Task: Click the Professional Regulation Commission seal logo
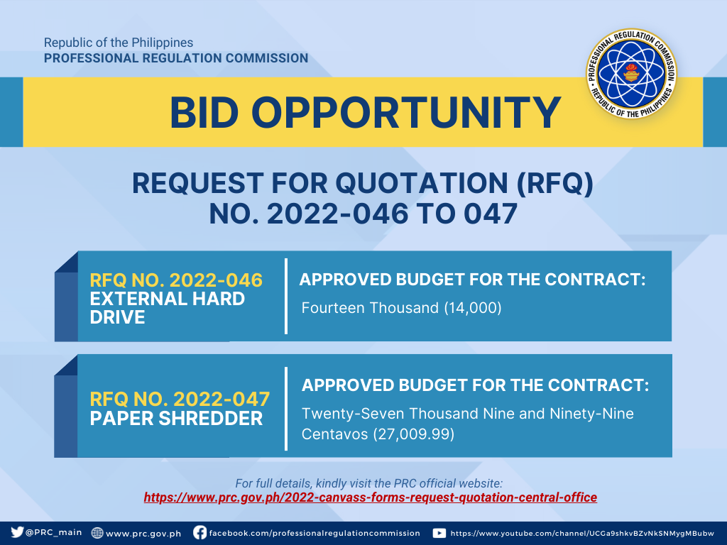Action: [631, 73]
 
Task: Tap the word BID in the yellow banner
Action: [204, 113]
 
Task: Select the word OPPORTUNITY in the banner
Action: [406, 113]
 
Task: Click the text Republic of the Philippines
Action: [119, 43]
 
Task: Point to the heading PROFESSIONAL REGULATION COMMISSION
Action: [176, 58]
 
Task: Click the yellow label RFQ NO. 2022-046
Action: [176, 280]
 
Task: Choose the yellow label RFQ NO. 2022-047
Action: [180, 399]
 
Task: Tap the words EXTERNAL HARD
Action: [168, 299]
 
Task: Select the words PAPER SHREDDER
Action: [176, 419]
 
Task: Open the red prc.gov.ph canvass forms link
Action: [371, 497]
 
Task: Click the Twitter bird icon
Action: [17, 532]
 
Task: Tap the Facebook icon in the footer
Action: [199, 532]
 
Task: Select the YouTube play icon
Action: [439, 533]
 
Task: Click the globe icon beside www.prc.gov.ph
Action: [97, 533]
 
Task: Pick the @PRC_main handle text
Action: [54, 532]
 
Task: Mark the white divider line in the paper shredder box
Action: [286, 408]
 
